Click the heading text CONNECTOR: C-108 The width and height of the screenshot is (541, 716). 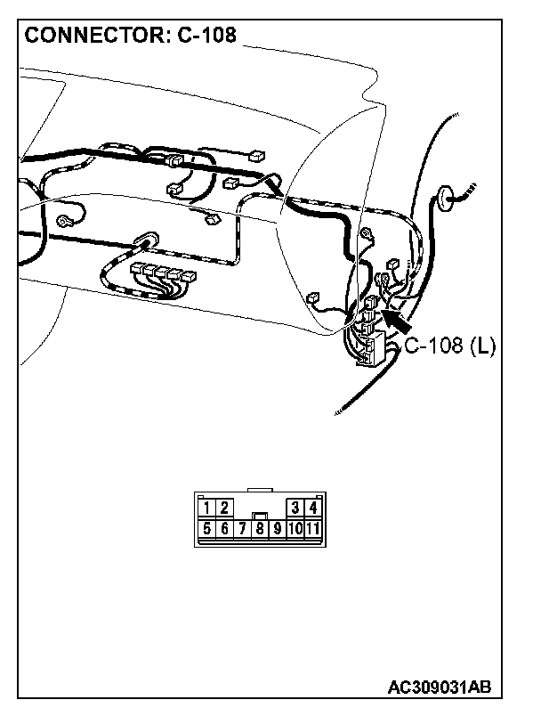131,37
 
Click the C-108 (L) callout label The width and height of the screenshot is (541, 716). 450,346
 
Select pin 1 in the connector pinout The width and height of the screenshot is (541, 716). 206,509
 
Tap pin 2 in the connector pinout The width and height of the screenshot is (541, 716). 224,509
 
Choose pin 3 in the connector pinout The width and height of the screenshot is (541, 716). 295,509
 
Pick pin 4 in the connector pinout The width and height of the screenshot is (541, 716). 312,509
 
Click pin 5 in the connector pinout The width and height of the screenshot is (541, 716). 206,529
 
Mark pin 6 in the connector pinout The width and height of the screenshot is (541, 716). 224,529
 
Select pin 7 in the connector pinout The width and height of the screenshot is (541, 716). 242,529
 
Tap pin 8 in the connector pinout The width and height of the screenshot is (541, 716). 259,529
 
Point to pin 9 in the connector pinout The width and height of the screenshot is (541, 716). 277,529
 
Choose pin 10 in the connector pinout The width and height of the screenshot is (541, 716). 295,529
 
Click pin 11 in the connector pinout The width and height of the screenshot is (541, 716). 313,529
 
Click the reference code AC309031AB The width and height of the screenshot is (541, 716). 440,688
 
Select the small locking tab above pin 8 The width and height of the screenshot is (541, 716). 259,515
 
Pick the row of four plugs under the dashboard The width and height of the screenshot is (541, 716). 163,272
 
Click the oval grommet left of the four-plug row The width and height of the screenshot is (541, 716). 142,240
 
